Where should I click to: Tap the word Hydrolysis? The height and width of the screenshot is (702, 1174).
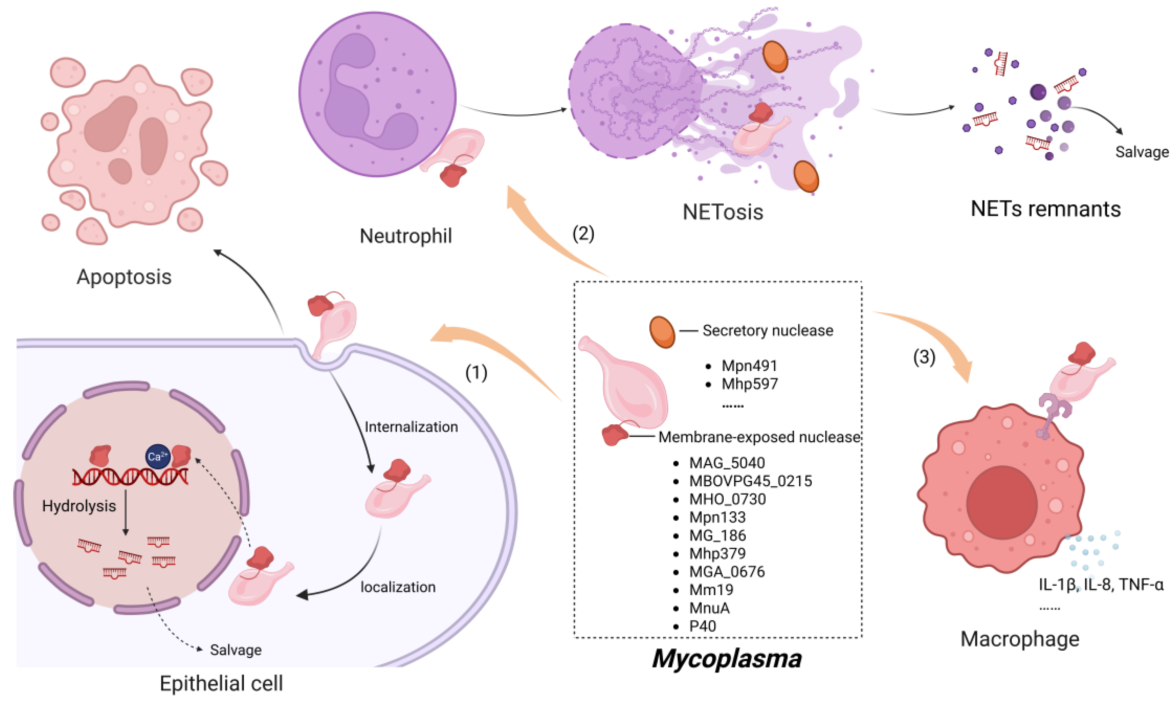pyautogui.click(x=79, y=506)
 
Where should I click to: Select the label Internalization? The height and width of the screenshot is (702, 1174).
pyautogui.click(x=411, y=427)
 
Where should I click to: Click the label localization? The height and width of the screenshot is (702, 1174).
pyautogui.click(x=398, y=587)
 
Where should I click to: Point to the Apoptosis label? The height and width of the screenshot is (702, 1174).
pyautogui.click(x=124, y=277)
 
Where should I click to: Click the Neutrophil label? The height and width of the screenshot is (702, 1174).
pyautogui.click(x=406, y=236)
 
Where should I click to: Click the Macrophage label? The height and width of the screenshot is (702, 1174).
pyautogui.click(x=1020, y=639)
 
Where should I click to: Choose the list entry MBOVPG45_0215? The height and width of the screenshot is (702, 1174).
pyautogui.click(x=750, y=481)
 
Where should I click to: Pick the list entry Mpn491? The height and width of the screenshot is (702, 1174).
pyautogui.click(x=749, y=366)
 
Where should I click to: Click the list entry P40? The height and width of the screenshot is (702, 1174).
pyautogui.click(x=702, y=626)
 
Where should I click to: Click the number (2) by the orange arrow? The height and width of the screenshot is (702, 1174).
pyautogui.click(x=583, y=234)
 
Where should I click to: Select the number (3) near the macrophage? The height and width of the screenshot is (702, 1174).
pyautogui.click(x=924, y=357)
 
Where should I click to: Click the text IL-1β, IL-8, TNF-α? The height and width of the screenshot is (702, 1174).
pyautogui.click(x=1101, y=585)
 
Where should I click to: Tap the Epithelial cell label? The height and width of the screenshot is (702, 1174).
pyautogui.click(x=221, y=684)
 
